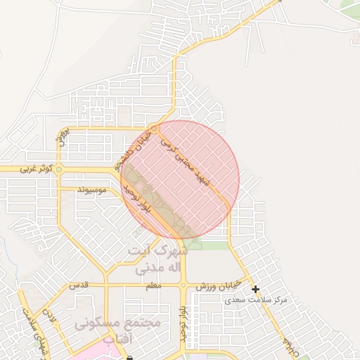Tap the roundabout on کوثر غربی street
[59, 169]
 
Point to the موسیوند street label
[93, 190]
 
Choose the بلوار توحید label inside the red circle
[138, 200]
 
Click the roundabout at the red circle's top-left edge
[154, 127]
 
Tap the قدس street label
[77, 285]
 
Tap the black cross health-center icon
[255, 289]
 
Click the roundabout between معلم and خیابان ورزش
[183, 285]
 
